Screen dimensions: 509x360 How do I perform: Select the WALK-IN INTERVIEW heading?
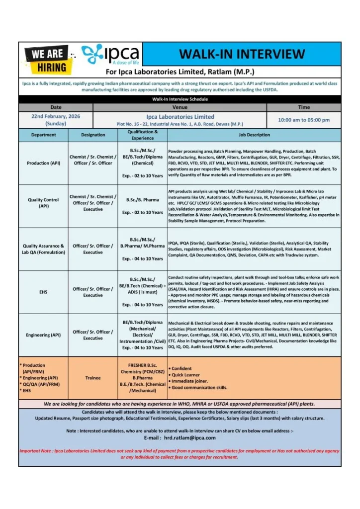point(242,54)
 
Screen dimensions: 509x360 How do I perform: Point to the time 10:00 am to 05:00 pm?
point(303,120)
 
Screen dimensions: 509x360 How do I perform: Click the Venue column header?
point(180,107)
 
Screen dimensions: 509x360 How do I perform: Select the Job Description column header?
point(254,135)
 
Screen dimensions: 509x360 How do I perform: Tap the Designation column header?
point(93,135)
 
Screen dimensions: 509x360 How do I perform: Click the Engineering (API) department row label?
point(45,335)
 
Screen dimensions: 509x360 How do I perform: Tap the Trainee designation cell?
point(93,378)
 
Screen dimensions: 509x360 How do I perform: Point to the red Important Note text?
point(180,454)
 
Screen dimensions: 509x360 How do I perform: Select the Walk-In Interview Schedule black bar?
point(180,99)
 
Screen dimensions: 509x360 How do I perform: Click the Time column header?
point(303,107)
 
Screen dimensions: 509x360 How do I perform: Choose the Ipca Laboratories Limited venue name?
point(180,116)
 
